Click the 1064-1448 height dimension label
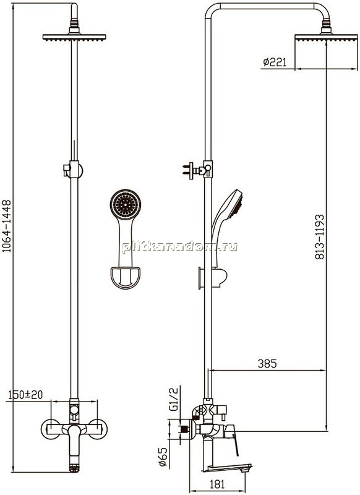click(7, 226)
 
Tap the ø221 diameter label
click(275, 62)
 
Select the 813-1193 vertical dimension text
click(320, 237)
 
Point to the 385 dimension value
click(267, 363)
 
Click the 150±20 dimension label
click(25, 395)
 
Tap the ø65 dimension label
click(163, 457)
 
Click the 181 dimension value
click(217, 484)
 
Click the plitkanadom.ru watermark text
click(180, 246)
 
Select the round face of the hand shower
click(126, 205)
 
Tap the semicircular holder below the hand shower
click(126, 277)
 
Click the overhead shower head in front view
click(74, 37)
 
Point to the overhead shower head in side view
click(326, 38)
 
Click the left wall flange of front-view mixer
click(51, 429)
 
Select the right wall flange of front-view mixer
click(98, 429)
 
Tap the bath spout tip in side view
click(244, 468)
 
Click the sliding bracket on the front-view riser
click(74, 170)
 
